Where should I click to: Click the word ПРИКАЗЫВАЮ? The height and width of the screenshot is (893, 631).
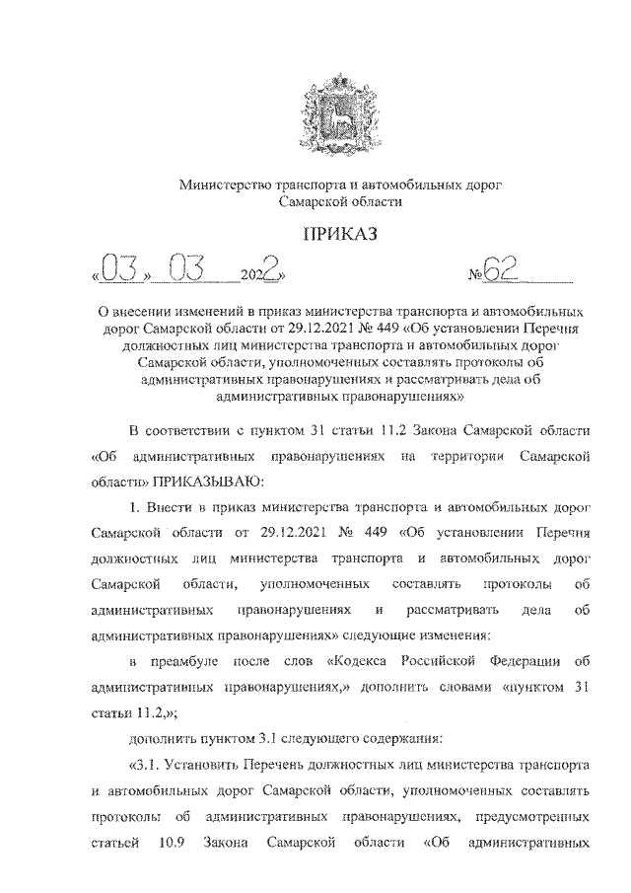(207, 482)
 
